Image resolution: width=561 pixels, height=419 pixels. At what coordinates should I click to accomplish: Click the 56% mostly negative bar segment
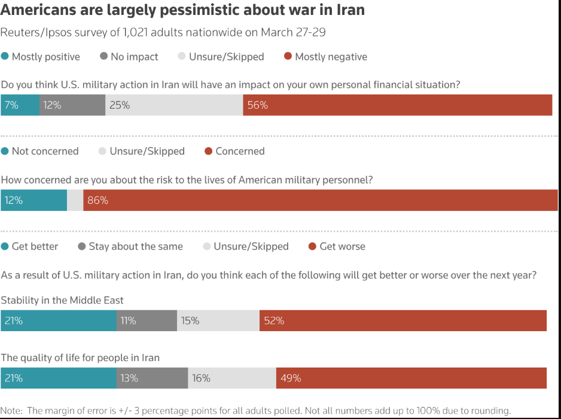pyautogui.click(x=397, y=105)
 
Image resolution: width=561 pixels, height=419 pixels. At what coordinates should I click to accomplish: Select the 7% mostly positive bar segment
pyautogui.click(x=20, y=105)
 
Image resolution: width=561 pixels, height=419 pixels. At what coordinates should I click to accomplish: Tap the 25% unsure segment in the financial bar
pyautogui.click(x=174, y=105)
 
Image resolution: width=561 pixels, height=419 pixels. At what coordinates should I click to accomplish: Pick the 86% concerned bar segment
pyautogui.click(x=321, y=200)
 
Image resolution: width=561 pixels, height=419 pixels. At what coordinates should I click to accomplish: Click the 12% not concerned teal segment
pyautogui.click(x=33, y=200)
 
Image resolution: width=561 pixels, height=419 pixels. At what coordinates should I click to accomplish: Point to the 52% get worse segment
pyautogui.click(x=403, y=320)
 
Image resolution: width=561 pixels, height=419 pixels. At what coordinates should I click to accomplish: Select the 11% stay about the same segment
pyautogui.click(x=147, y=320)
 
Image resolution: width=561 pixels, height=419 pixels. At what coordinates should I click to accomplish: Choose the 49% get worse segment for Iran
pyautogui.click(x=411, y=378)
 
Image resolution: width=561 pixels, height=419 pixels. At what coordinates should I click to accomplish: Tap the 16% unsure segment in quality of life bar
pyautogui.click(x=231, y=378)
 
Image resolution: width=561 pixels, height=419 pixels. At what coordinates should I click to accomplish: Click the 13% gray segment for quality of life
pyautogui.click(x=152, y=378)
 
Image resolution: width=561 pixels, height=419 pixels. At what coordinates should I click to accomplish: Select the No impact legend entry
pyautogui.click(x=129, y=57)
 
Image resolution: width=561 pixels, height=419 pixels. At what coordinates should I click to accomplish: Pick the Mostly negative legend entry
pyautogui.click(x=326, y=57)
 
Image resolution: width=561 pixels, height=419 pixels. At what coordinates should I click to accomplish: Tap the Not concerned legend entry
pyautogui.click(x=40, y=151)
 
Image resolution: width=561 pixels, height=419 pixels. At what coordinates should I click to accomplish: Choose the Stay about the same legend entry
pyautogui.click(x=130, y=246)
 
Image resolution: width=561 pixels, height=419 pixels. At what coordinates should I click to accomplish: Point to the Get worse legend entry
pyautogui.click(x=337, y=246)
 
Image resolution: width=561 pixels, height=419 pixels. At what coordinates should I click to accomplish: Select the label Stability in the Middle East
pyautogui.click(x=62, y=300)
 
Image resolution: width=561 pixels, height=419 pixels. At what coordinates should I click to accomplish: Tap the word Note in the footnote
pyautogui.click(x=10, y=411)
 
